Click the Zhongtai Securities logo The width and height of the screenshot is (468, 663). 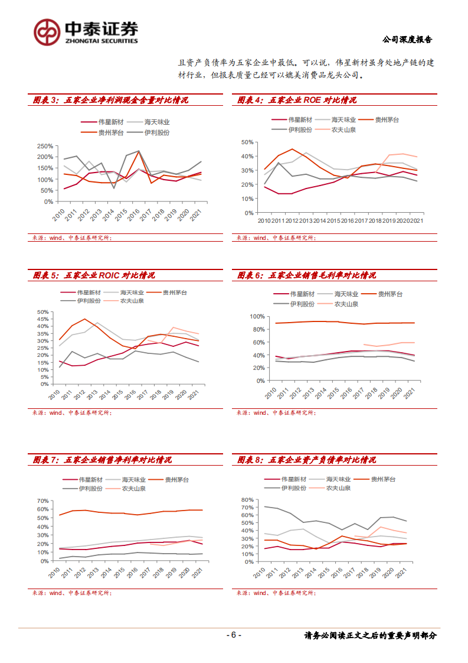click(x=86, y=31)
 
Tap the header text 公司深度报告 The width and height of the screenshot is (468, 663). click(x=407, y=40)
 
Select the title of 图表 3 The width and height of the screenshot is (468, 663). click(x=110, y=100)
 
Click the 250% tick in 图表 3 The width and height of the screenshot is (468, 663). click(x=45, y=146)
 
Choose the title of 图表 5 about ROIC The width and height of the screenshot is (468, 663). click(x=94, y=275)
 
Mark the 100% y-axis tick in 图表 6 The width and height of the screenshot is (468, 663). click(x=254, y=317)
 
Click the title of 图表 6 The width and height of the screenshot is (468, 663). click(x=306, y=275)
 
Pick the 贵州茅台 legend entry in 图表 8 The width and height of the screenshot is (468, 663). click(x=383, y=479)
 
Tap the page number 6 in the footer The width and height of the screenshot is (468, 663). click(x=234, y=635)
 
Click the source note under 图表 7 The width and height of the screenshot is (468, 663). click(x=71, y=593)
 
